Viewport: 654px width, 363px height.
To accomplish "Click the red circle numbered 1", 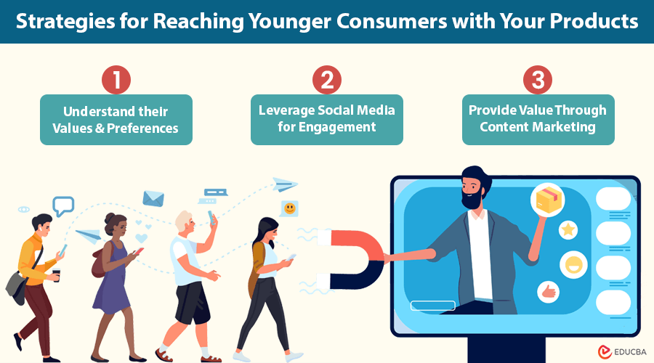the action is [116, 80].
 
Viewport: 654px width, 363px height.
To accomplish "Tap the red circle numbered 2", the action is [327, 80].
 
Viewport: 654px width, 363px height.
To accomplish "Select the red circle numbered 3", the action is [538, 80].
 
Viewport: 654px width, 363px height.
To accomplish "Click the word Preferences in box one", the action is [142, 129].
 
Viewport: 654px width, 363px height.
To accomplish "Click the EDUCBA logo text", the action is [630, 352].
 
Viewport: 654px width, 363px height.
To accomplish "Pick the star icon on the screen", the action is [568, 229].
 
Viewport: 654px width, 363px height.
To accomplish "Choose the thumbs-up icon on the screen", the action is [548, 292].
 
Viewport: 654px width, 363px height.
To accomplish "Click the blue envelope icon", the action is [153, 199].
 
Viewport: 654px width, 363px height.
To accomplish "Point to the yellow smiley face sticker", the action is [289, 208].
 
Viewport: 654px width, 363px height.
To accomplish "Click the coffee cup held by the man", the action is [56, 275].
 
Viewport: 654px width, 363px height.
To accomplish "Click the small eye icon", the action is [24, 209].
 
